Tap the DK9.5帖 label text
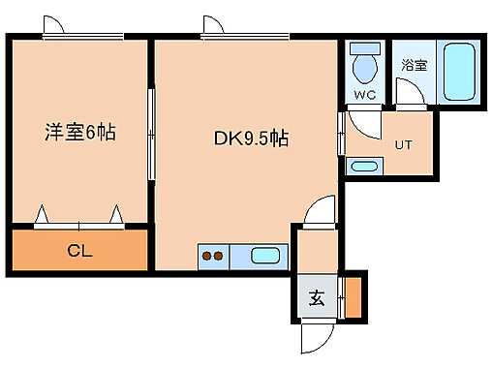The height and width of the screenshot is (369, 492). click(250, 138)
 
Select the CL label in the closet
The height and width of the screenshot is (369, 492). click(79, 252)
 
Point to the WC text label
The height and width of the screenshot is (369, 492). click(364, 95)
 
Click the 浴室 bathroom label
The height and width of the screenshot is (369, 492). click(414, 65)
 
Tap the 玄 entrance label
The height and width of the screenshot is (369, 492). click(317, 298)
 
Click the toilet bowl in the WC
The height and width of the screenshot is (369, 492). click(365, 70)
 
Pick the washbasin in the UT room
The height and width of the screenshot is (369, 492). click(363, 167)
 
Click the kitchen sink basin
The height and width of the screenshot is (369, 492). click(264, 257)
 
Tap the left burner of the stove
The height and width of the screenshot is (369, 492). click(206, 257)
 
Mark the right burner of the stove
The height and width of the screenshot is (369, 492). click(219, 257)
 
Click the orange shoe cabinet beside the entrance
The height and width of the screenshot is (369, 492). click(353, 297)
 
